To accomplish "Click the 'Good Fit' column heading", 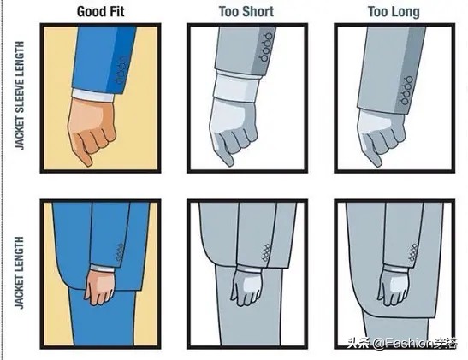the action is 101,12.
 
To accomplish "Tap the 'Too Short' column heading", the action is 246,12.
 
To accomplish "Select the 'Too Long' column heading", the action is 394,12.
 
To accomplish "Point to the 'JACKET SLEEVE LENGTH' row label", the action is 20,96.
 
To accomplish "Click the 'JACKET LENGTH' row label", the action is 20,273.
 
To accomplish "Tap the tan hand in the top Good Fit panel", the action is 91,131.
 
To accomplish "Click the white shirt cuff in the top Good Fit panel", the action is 92,95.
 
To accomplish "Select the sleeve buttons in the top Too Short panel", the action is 266,45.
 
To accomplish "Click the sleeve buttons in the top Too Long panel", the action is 407,91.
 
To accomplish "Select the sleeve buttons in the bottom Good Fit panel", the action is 120,252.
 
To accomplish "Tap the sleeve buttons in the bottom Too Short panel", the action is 266,253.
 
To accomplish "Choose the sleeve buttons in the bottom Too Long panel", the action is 413,252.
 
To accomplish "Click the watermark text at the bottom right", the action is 402,343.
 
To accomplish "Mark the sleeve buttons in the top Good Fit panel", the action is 121,70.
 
